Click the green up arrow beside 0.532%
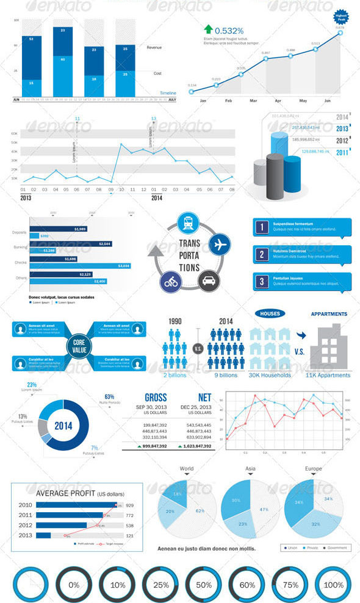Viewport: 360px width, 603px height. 209,29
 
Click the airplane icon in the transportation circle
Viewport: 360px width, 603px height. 219,244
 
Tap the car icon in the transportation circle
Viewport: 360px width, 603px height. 209,281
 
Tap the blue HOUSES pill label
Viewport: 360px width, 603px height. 270,313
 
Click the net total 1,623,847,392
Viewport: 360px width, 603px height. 195,446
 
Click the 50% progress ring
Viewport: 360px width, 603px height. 204,584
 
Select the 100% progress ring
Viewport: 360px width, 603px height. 334,584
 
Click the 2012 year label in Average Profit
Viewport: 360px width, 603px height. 26,525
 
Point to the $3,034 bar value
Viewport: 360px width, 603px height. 123,266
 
